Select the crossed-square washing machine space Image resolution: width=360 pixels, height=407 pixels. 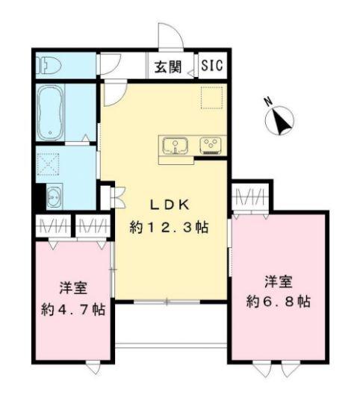point(50,163)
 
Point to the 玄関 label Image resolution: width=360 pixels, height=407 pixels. point(169,66)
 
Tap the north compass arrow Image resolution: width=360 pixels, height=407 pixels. point(282,120)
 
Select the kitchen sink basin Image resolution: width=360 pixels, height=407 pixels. point(176,145)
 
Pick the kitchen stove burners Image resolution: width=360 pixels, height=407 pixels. point(210,145)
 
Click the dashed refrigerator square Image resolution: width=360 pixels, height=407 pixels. point(211,98)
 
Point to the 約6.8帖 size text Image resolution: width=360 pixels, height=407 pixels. point(279,302)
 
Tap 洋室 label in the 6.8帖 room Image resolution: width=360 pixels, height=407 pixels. point(279,282)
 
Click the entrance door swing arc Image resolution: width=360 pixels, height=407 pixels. point(168,37)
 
